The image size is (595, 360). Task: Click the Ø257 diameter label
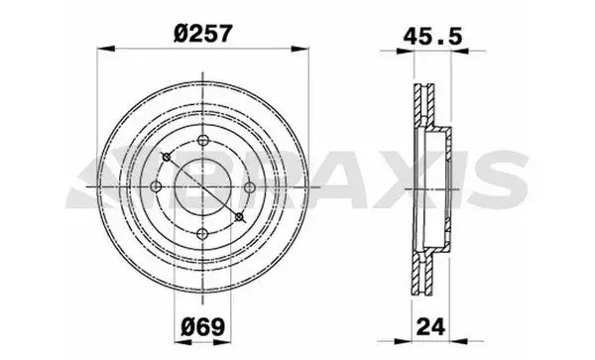pyautogui.click(x=202, y=34)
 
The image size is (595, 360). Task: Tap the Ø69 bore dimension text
pyautogui.click(x=203, y=326)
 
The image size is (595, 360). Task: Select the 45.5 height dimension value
pyautogui.click(x=432, y=37)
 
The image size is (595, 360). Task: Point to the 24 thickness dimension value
pyautogui.click(x=430, y=326)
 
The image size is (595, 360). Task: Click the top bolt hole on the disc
pyautogui.click(x=203, y=141)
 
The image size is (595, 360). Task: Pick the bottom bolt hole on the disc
pyautogui.click(x=203, y=234)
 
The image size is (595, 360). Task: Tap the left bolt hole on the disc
pyautogui.click(x=156, y=186)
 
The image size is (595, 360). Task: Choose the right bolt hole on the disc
pyautogui.click(x=250, y=187)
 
